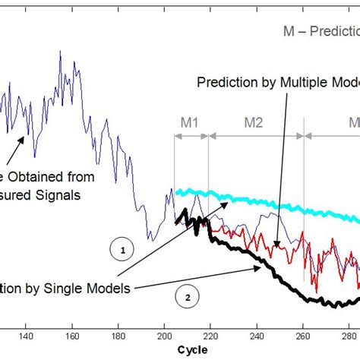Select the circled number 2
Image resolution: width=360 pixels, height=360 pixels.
click(x=187, y=296)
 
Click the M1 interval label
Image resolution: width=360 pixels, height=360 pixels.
click(x=191, y=122)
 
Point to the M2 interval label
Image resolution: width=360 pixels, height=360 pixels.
click(x=253, y=122)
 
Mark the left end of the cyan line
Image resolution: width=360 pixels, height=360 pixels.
click(x=177, y=192)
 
